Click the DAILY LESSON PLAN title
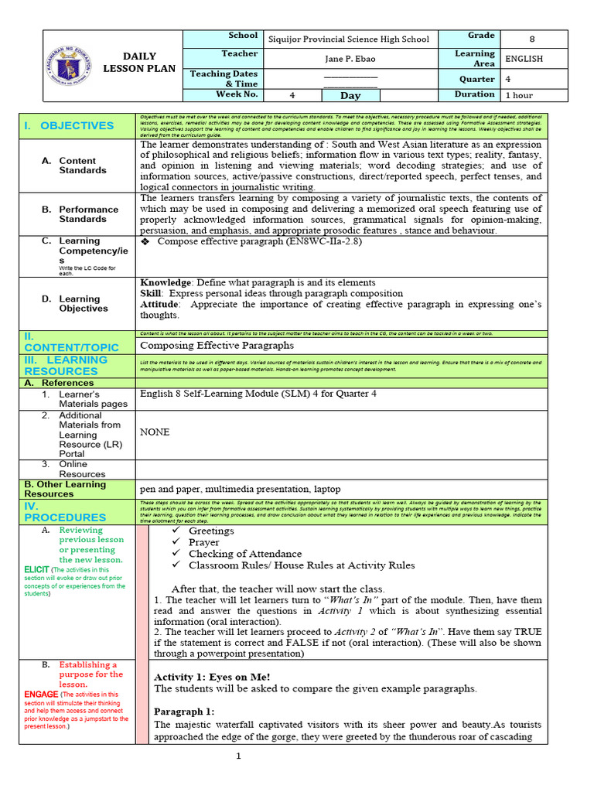pyautogui.click(x=140, y=63)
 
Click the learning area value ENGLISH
pyautogui.click(x=524, y=59)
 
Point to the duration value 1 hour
pyautogui.click(x=519, y=96)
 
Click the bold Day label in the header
pyautogui.click(x=350, y=96)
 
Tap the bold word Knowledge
pyautogui.click(x=165, y=282)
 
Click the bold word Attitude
pyautogui.click(x=159, y=304)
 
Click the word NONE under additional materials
pyautogui.click(x=154, y=432)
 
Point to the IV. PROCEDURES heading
pyautogui.click(x=66, y=511)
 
